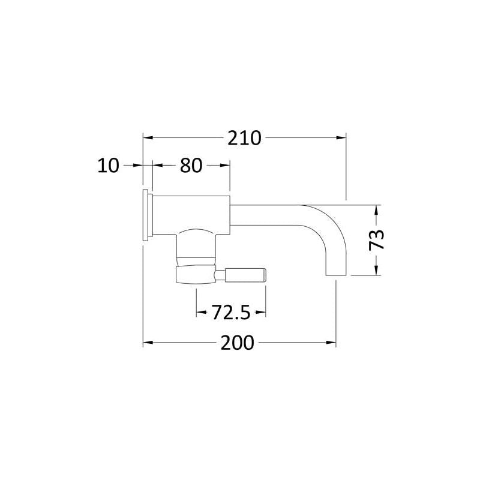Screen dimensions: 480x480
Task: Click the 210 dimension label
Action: [244, 138]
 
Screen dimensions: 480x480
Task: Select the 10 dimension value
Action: [108, 166]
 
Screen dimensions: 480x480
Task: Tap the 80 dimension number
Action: [191, 166]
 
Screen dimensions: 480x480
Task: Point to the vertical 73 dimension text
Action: [376, 240]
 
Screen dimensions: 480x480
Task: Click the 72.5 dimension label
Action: [231, 313]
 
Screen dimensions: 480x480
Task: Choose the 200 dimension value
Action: [237, 343]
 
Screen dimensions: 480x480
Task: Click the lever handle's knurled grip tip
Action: [245, 274]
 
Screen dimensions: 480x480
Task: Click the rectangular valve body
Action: [191, 215]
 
